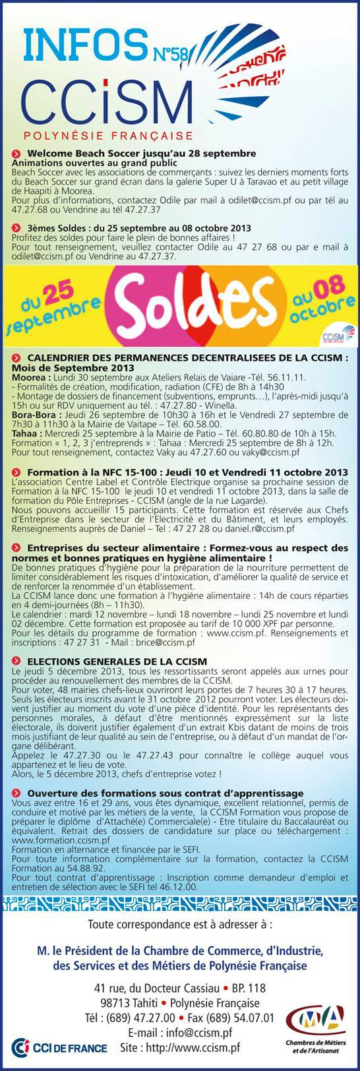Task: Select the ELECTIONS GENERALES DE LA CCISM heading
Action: point(117,660)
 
